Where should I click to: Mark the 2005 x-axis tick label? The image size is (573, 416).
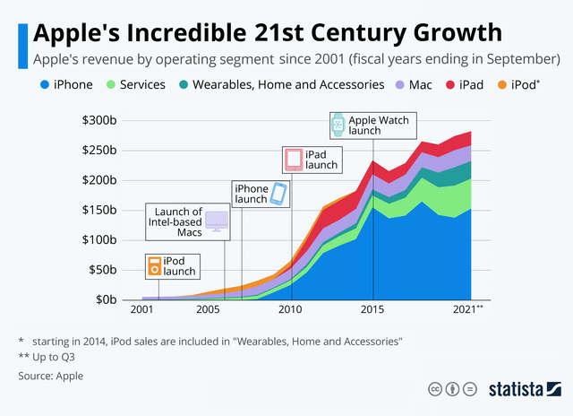pyautogui.click(x=209, y=309)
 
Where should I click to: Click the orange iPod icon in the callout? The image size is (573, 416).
pyautogui.click(x=155, y=265)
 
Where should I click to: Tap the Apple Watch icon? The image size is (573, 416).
pyautogui.click(x=338, y=125)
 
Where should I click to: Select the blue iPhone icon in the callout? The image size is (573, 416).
pyautogui.click(x=280, y=194)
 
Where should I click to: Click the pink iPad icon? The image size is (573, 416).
pyautogui.click(x=294, y=160)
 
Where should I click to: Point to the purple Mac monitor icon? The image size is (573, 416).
pyautogui.click(x=217, y=221)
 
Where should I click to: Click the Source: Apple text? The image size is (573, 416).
pyautogui.click(x=51, y=376)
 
